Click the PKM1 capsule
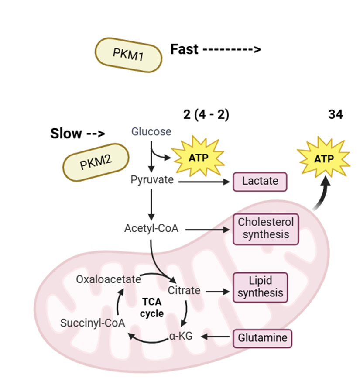click(128, 55)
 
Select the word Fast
click(184, 49)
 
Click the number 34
click(335, 114)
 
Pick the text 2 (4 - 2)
click(206, 114)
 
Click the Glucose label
click(151, 131)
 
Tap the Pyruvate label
click(151, 180)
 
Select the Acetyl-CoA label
click(151, 228)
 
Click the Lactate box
click(260, 181)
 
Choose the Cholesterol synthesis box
click(266, 228)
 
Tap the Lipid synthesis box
click(261, 287)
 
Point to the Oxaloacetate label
click(108, 279)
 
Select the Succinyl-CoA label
click(93, 323)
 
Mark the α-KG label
click(181, 336)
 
